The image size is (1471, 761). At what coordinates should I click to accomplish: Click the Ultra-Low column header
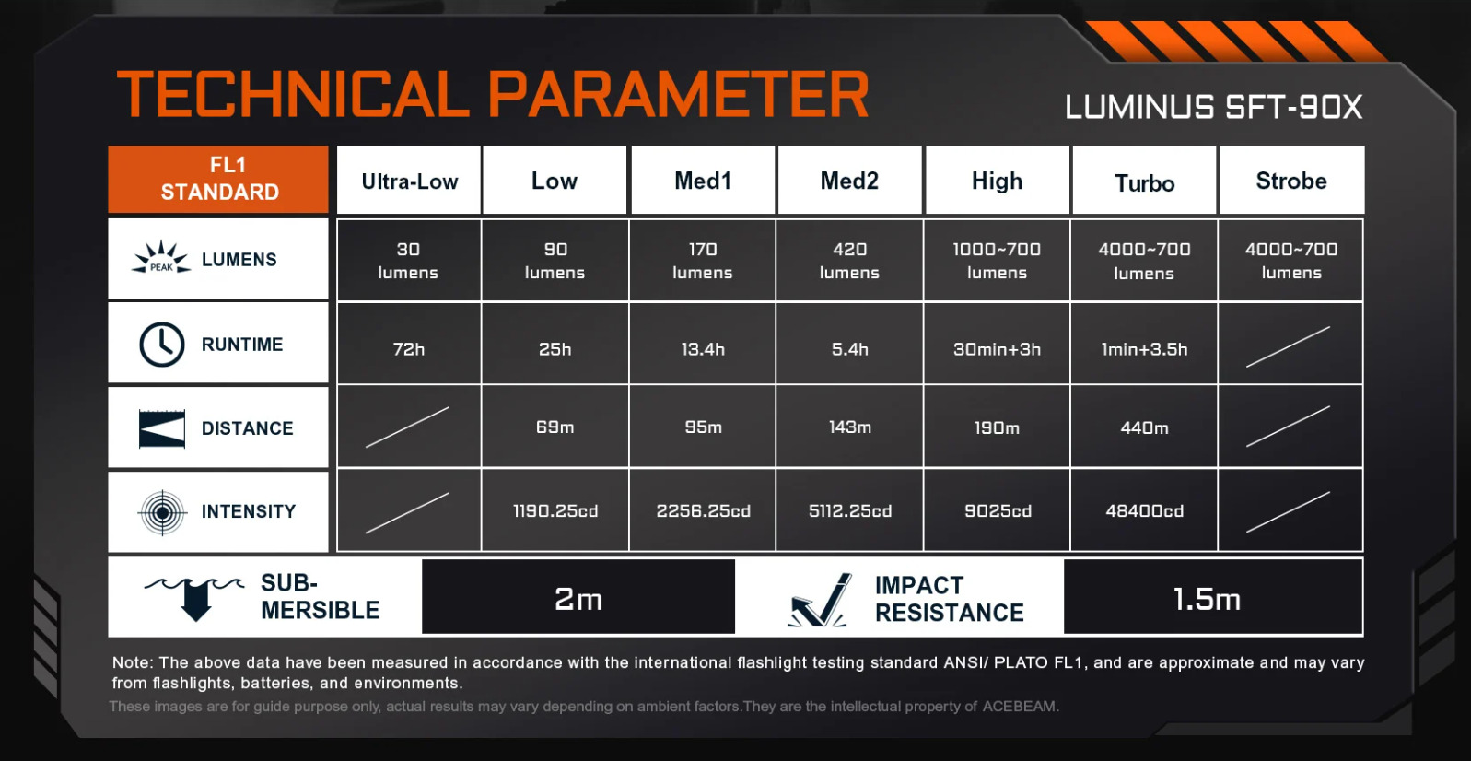click(x=409, y=181)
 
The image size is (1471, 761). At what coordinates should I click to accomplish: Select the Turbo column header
click(x=1144, y=181)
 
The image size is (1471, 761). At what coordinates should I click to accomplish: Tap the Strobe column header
click(x=1291, y=181)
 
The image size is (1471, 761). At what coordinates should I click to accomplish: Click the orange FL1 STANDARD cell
click(x=218, y=180)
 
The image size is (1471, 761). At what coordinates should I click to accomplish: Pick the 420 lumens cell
click(x=850, y=261)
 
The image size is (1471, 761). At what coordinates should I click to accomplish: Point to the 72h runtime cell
click(x=408, y=344)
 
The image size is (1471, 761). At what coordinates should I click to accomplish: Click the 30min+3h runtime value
click(x=997, y=349)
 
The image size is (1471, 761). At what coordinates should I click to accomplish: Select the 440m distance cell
click(x=1144, y=427)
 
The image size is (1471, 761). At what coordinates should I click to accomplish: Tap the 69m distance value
click(x=555, y=427)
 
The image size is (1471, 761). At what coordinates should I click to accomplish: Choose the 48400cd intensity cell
click(x=1144, y=510)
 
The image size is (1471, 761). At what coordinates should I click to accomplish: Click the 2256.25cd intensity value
click(x=704, y=510)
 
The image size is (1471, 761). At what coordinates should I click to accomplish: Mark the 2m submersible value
click(x=578, y=599)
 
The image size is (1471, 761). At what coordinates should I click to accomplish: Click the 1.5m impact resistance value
click(x=1207, y=600)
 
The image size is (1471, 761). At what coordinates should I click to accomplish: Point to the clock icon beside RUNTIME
click(x=161, y=344)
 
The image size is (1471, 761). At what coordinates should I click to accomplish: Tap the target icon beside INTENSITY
click(x=162, y=512)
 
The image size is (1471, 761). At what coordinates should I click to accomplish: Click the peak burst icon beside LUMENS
click(x=161, y=258)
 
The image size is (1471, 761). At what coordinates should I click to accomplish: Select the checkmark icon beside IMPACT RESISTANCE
click(x=821, y=600)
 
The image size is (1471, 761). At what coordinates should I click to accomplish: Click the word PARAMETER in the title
click(x=678, y=94)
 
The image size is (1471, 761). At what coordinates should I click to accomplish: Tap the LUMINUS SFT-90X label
click(x=1214, y=106)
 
